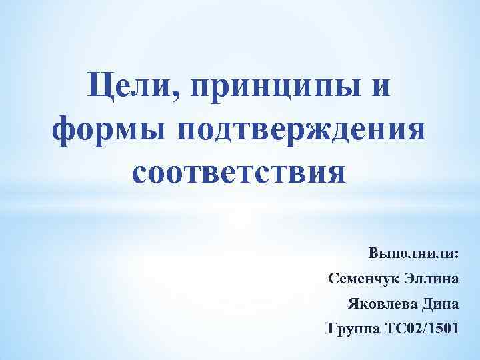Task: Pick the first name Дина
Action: point(440,303)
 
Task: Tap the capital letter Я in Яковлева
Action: point(353,303)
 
